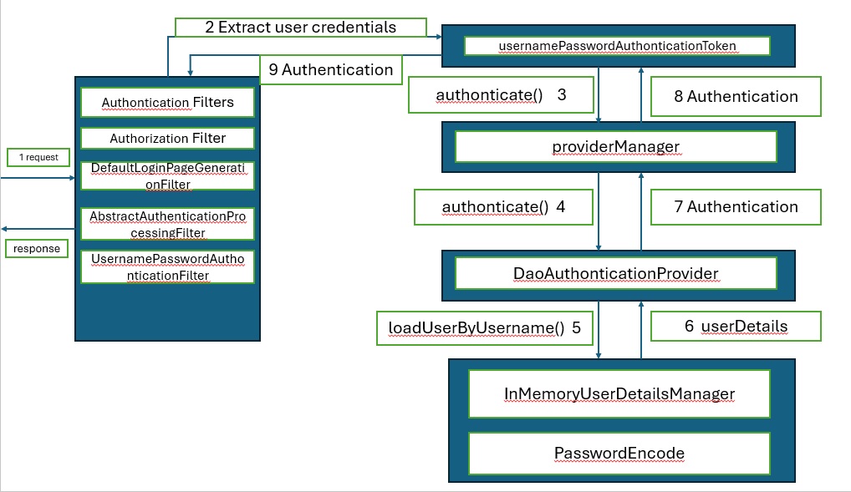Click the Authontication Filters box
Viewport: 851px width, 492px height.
click(167, 103)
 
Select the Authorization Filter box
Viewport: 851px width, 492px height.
click(167, 139)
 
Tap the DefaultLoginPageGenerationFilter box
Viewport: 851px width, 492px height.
click(167, 176)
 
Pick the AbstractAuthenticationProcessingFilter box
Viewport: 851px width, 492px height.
click(167, 224)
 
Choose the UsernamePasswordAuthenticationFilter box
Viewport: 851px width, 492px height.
click(167, 266)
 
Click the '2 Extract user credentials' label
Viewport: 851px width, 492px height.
click(300, 27)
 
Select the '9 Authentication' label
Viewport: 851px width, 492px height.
click(330, 69)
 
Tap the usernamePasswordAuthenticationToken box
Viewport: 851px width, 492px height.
click(616, 45)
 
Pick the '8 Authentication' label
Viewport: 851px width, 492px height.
click(736, 96)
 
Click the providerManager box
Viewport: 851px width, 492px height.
click(615, 147)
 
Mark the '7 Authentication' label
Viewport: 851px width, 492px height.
click(736, 206)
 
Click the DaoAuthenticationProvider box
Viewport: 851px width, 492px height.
click(615, 273)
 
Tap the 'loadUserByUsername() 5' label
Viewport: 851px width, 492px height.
click(485, 327)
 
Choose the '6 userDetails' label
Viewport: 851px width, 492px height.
click(736, 327)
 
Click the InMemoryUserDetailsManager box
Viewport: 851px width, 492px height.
click(619, 394)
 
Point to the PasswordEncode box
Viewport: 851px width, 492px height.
click(619, 454)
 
